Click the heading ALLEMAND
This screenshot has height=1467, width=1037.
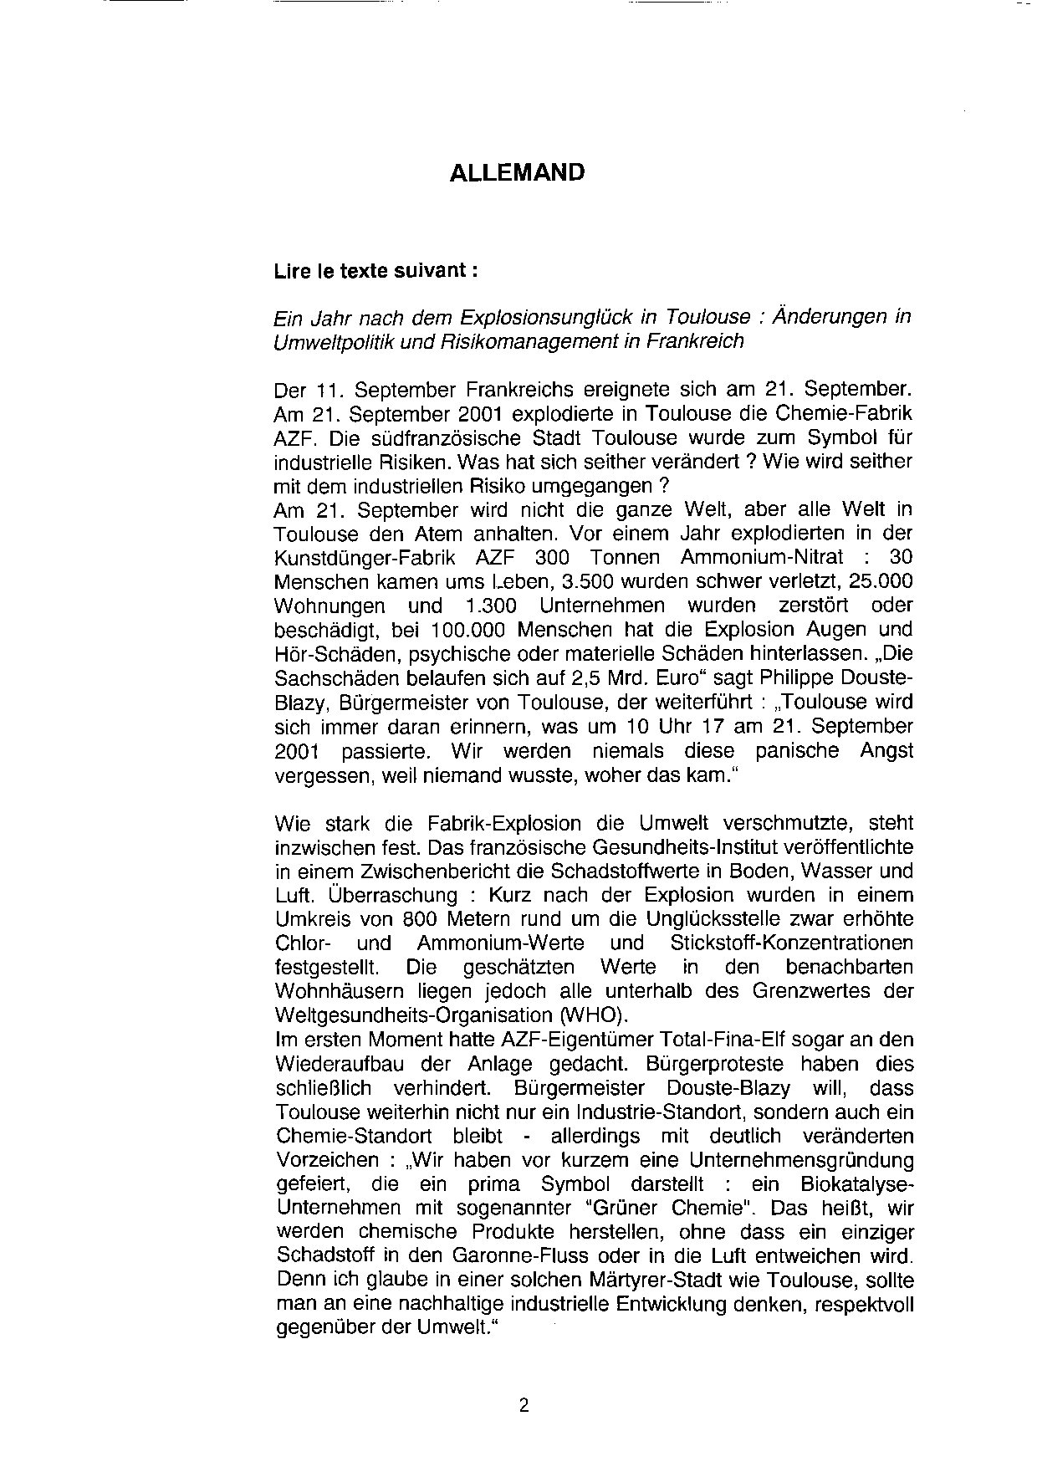pyautogui.click(x=517, y=173)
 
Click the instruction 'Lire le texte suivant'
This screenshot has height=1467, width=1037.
pyautogui.click(x=376, y=272)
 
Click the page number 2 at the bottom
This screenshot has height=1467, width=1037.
pyautogui.click(x=524, y=1405)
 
